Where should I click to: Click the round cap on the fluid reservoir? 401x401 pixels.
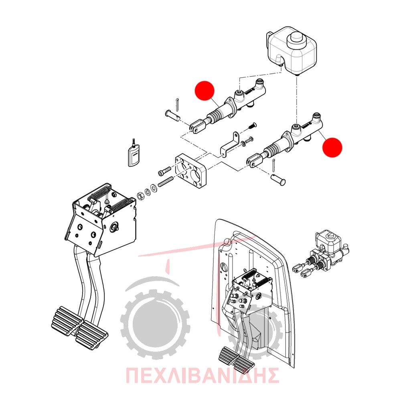click(297, 41)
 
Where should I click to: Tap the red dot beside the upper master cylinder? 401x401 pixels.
click(205, 91)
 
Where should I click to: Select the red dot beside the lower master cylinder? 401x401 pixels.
click(332, 148)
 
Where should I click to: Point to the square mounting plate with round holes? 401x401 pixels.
click(191, 170)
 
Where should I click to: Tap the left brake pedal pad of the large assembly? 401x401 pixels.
click(67, 321)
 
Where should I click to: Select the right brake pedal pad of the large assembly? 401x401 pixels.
click(92, 334)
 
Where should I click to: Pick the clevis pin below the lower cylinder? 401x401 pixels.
click(278, 179)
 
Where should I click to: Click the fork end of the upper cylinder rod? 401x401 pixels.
click(197, 127)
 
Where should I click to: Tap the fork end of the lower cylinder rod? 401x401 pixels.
click(255, 161)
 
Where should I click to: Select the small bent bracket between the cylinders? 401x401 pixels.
click(230, 145)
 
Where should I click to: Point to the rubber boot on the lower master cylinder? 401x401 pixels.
click(271, 150)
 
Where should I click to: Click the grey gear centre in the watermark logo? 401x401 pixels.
click(155, 323)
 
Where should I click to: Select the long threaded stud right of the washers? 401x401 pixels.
click(166, 182)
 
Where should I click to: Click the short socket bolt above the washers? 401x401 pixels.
click(165, 171)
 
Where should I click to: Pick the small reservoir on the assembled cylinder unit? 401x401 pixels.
click(328, 240)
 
